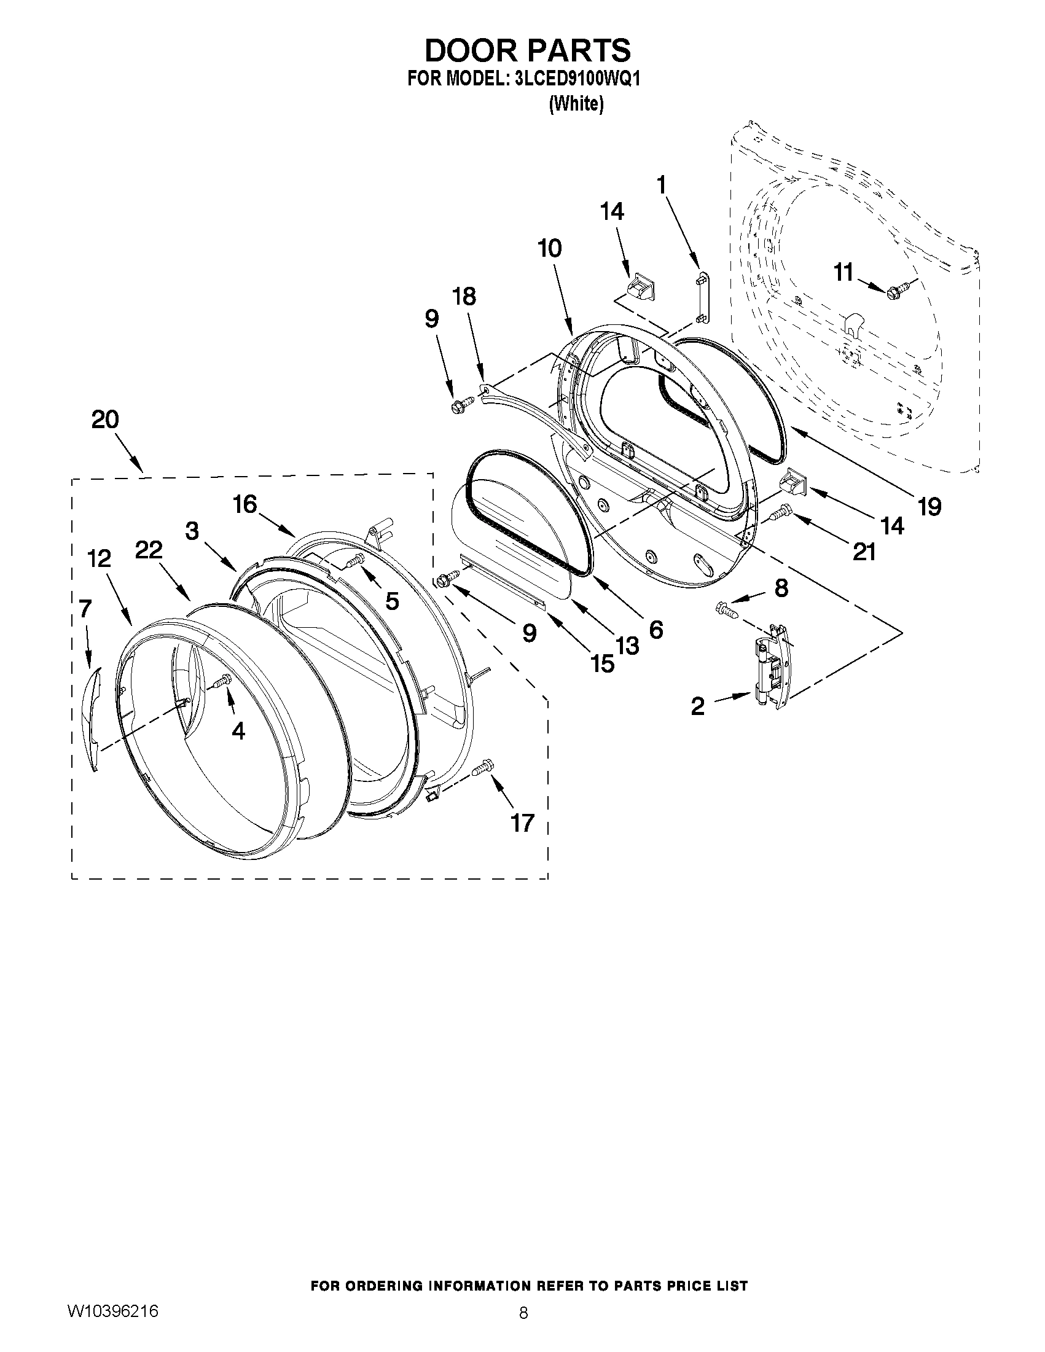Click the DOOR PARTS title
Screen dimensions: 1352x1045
coord(527,50)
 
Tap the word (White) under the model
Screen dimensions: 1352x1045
coord(576,104)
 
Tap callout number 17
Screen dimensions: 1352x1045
coord(521,823)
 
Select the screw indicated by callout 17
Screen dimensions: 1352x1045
coord(482,768)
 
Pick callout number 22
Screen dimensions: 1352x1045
coord(149,550)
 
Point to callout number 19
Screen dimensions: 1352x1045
coord(929,506)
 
